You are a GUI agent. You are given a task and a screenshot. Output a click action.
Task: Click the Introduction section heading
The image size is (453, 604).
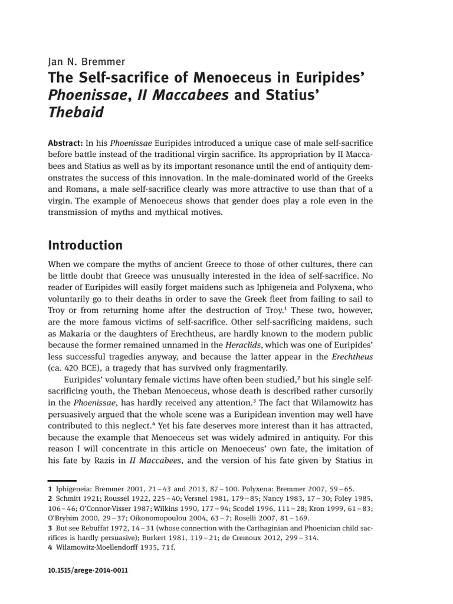[84, 245]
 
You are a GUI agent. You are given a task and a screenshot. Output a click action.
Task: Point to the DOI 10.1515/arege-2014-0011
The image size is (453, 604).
[87, 571]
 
